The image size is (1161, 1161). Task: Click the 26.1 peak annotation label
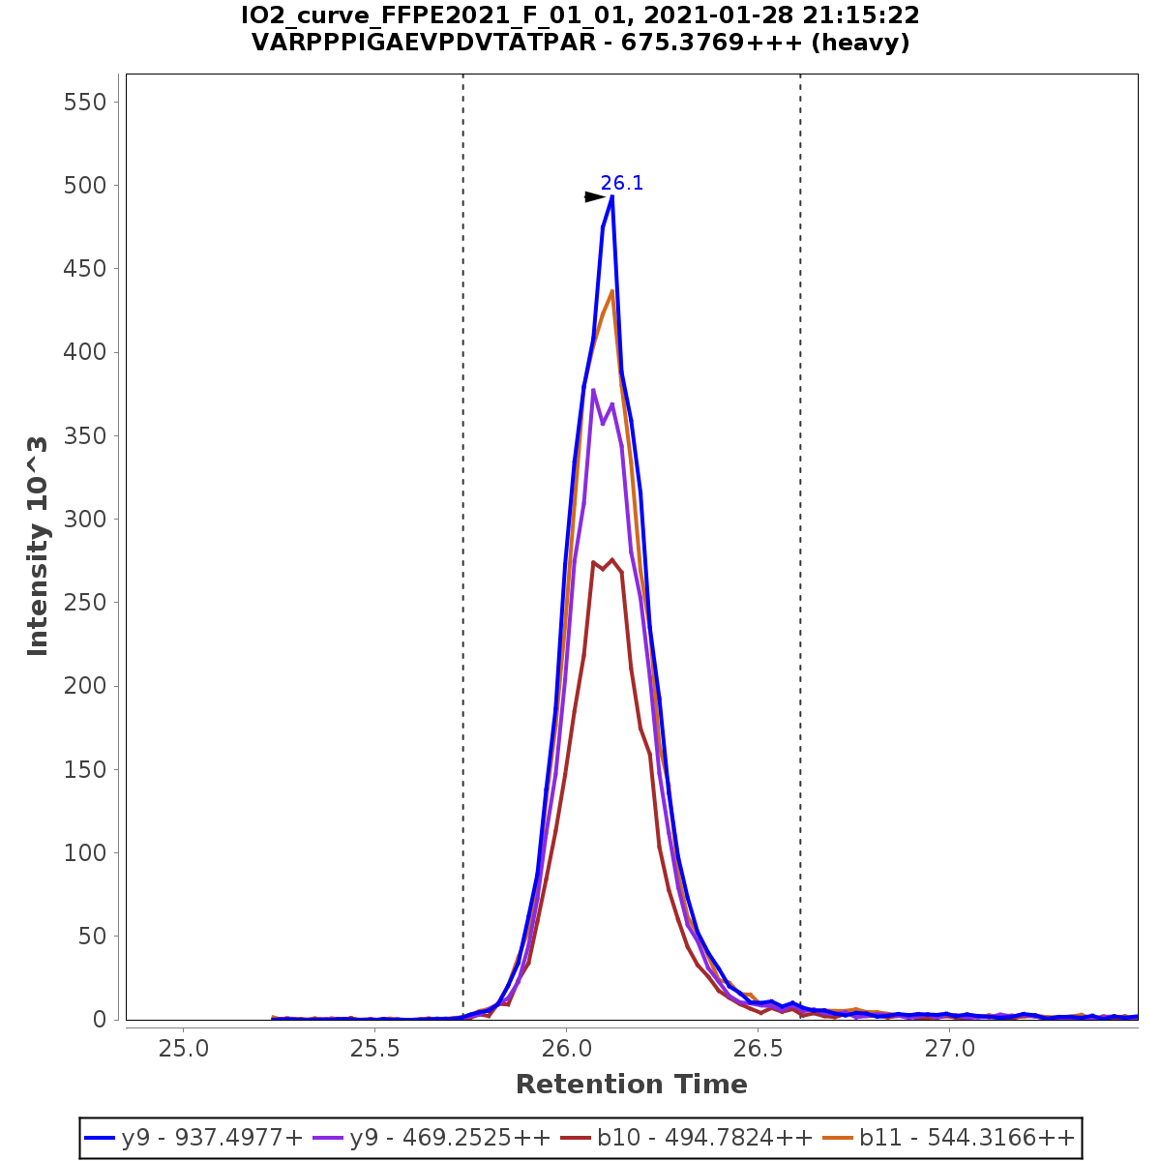621,184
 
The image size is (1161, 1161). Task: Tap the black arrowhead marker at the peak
594,197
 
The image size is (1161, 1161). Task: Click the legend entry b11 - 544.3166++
952,1138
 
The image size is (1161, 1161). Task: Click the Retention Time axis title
631,1085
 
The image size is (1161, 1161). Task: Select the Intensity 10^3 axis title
39,547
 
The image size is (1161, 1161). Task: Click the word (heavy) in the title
859,44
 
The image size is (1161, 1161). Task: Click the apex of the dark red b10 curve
611,559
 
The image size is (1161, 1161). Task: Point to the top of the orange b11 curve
611,290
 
